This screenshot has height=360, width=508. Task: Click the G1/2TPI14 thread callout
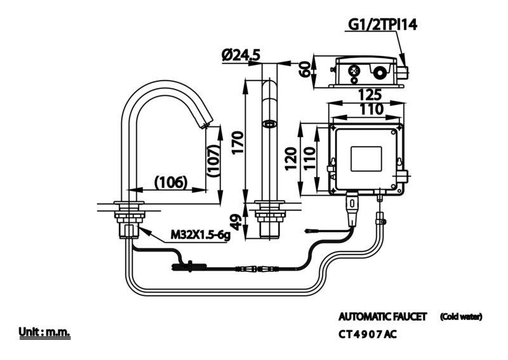coord(383,25)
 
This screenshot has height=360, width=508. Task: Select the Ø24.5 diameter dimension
coord(241,55)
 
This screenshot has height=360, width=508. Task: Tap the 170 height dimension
coord(237,143)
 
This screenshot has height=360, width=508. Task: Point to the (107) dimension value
coord(214,161)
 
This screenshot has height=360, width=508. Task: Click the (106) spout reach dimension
coord(171,182)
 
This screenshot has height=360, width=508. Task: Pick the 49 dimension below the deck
coord(237,222)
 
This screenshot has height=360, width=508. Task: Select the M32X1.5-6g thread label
coord(200,235)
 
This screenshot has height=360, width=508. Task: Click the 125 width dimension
coord(370,95)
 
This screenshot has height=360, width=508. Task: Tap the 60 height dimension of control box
coord(305,69)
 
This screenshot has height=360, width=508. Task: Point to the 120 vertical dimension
coord(291,159)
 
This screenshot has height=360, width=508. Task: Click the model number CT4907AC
coord(368,334)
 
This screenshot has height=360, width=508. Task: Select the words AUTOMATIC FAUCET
coord(383,317)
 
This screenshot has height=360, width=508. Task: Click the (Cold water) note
coord(461,317)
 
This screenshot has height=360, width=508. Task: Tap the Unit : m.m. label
coord(44,333)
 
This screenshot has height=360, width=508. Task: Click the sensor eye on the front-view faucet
coord(269,124)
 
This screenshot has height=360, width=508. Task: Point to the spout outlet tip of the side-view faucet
coord(206,126)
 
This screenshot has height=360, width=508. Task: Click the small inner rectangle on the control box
coord(366,159)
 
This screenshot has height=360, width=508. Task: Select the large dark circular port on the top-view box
coord(379,73)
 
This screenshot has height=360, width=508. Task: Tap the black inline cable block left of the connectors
coord(188,267)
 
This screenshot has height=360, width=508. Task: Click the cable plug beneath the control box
coord(352,210)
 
